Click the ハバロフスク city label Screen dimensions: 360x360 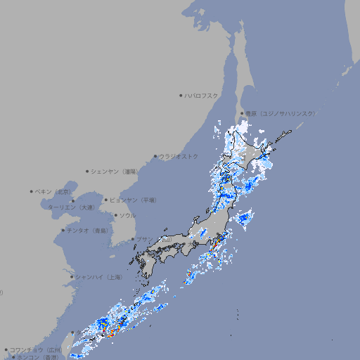201,96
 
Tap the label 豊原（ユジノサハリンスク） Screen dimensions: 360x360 279,113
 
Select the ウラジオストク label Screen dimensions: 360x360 179,156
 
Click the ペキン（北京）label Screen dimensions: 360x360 53,191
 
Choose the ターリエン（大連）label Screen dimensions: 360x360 71,207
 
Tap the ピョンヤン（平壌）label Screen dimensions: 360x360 133,200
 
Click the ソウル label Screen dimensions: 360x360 127,215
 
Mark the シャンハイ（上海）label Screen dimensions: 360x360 98,277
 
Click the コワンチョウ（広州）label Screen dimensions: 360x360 35,349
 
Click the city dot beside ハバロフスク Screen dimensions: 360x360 181,96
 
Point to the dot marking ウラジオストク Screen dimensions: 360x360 155,156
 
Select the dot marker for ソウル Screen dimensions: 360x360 115,215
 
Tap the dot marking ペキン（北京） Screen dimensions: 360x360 32,191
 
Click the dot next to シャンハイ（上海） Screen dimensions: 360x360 72,277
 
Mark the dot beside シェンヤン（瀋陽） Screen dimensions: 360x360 87,171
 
